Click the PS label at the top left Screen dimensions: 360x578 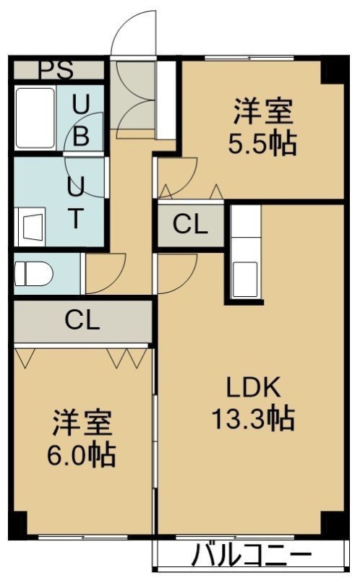coord(56,69)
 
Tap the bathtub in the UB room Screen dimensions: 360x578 coord(35,118)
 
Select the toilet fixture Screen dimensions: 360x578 coord(33,274)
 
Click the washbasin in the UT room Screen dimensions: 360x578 coord(31,227)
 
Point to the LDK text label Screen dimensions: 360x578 coord(254,387)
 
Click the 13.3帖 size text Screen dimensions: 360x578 coord(254,418)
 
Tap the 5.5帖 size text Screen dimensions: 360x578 coord(262,143)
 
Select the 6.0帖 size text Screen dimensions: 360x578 coord(81,455)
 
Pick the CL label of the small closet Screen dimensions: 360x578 coord(191,224)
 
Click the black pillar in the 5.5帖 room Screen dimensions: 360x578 coord(333,71)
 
